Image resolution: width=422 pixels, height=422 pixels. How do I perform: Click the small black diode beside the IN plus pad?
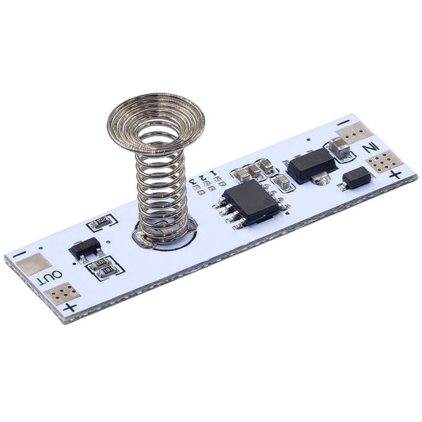pyautogui.click(x=357, y=181)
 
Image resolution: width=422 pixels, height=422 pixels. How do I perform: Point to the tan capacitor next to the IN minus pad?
pyautogui.click(x=340, y=147)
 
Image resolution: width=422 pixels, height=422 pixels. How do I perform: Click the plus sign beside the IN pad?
pyautogui.click(x=395, y=175)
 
